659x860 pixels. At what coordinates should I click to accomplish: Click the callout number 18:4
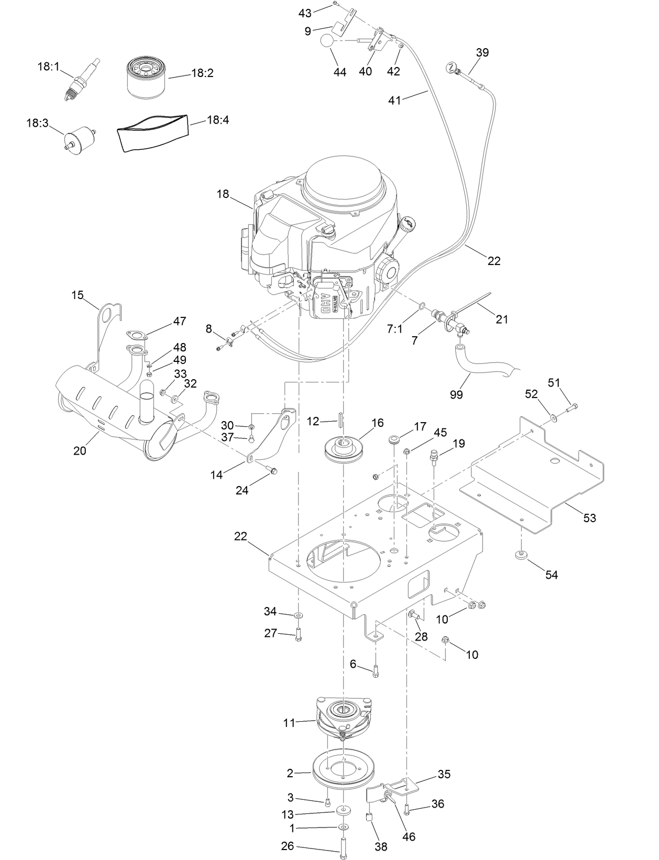point(218,120)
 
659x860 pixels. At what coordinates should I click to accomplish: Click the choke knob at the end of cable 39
point(451,68)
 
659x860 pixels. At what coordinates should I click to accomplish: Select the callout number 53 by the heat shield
point(589,518)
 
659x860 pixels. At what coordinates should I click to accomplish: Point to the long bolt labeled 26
point(343,848)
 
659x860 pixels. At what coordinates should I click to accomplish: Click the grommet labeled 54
point(521,555)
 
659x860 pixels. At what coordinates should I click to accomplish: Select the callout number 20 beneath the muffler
point(80,450)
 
